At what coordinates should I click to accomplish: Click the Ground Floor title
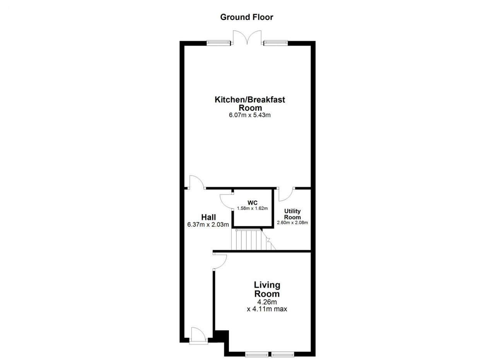coord(247,17)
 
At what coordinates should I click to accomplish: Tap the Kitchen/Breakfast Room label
coord(250,104)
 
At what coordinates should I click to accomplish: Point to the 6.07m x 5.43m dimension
coord(250,115)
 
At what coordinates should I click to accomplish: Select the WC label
coord(253,203)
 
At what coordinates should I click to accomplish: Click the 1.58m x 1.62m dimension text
coord(253,208)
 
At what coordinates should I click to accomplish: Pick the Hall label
coord(208,217)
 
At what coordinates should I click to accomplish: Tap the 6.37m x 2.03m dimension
coord(208,225)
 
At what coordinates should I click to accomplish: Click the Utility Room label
coord(292,214)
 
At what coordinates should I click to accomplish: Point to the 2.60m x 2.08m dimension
coord(292,223)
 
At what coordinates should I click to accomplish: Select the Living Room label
coord(267,290)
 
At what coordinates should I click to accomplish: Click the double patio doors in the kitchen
coord(247,38)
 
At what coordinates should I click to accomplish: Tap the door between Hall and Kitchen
coord(197,183)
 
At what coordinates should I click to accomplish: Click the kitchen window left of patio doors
coord(218,43)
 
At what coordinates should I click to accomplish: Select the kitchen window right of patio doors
coord(276,43)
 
